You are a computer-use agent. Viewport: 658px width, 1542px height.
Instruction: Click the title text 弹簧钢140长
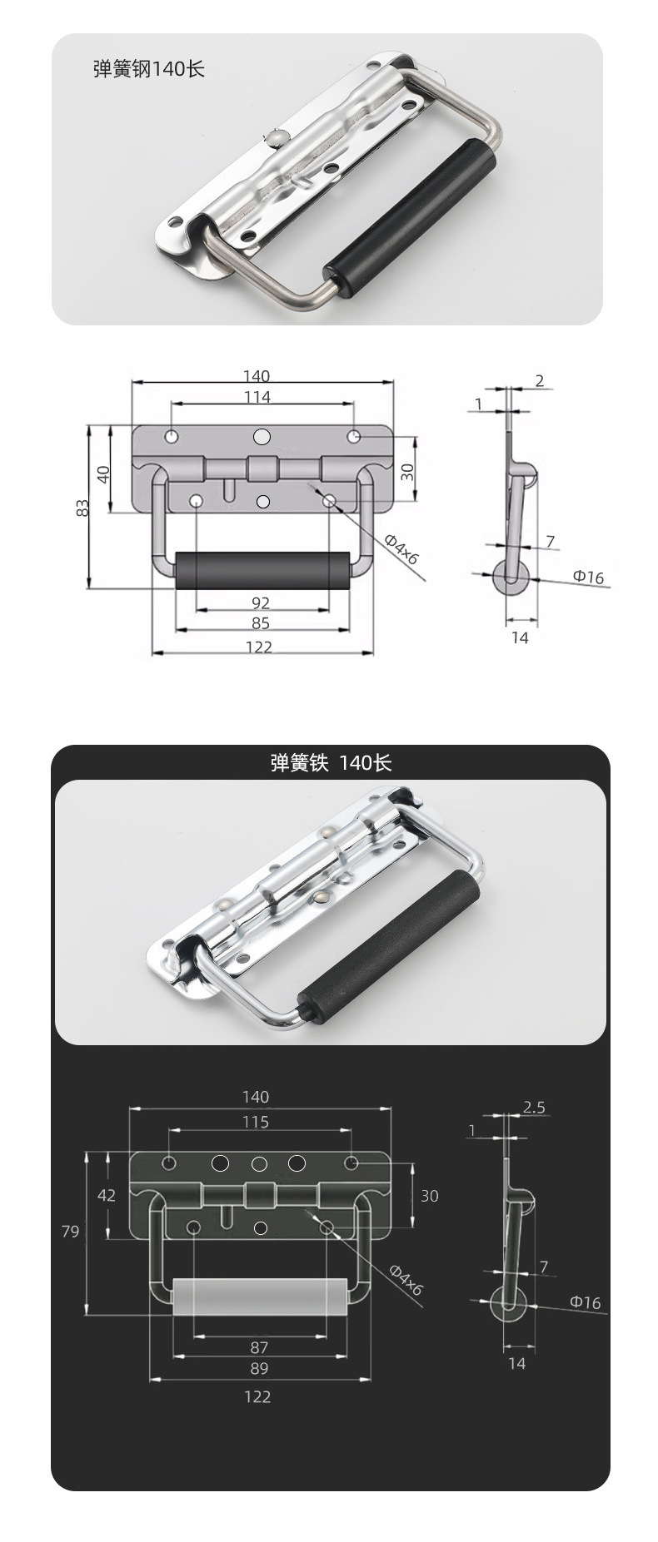point(148,69)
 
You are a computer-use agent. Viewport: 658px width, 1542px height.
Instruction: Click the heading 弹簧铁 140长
point(331,762)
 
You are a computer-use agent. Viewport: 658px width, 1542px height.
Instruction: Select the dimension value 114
point(257,397)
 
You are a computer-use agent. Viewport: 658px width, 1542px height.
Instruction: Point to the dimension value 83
point(82,508)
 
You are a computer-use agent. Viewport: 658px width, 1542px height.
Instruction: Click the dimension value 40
point(103,474)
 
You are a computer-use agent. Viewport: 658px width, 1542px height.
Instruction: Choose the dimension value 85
point(260,623)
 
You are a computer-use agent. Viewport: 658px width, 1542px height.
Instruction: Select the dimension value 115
point(256,1122)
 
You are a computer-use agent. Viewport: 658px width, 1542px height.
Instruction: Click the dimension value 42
point(107,1195)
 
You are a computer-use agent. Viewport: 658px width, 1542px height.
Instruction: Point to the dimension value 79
point(70,1230)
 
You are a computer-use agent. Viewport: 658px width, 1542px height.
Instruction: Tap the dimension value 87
point(258,1347)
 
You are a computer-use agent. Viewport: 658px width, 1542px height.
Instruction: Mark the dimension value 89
point(258,1368)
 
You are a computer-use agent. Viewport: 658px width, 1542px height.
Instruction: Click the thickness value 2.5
point(534,1107)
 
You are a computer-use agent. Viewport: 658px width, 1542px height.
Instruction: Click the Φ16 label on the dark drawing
point(585,1302)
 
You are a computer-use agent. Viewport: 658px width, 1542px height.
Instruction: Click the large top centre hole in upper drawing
point(262,437)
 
